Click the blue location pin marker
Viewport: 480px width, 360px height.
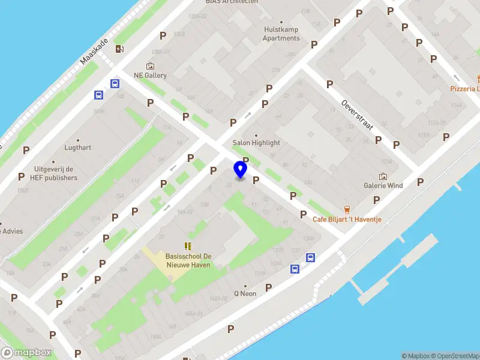point(241,170)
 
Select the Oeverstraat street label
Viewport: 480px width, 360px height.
point(357,116)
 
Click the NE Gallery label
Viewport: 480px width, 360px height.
point(150,76)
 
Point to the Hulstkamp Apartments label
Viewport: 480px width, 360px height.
point(281,34)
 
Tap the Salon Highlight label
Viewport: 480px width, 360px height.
point(256,143)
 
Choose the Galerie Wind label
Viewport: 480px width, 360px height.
point(383,185)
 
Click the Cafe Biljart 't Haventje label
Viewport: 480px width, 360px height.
point(347,220)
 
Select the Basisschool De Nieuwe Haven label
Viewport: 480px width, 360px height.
point(188,260)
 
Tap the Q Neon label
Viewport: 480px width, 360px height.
point(245,293)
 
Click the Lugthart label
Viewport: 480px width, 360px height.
point(78,147)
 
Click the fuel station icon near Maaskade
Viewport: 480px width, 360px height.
point(119,49)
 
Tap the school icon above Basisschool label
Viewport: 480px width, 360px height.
point(188,246)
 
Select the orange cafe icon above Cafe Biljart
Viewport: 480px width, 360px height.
point(347,209)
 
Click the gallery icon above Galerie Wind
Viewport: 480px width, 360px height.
point(383,176)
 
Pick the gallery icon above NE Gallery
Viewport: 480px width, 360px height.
point(150,66)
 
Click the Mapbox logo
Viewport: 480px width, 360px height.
point(26,353)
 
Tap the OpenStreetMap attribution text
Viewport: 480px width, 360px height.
point(454,356)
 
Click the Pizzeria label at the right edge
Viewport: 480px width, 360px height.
point(465,89)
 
